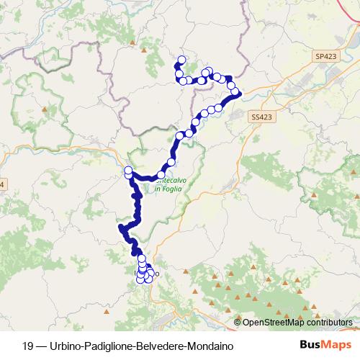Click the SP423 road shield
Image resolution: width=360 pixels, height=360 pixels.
(325, 55)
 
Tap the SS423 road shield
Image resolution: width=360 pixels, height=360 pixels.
(264, 116)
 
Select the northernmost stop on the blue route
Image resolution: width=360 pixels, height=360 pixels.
(181, 60)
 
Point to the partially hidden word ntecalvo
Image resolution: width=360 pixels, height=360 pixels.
(170, 181)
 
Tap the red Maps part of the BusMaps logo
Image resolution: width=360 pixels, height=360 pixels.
(338, 346)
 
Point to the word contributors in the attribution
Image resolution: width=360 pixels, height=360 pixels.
(329, 323)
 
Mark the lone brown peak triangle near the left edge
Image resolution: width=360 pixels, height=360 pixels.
(46, 110)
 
